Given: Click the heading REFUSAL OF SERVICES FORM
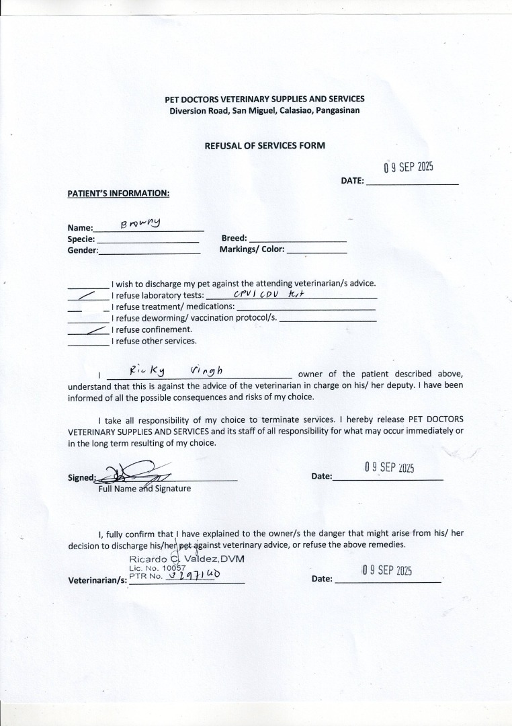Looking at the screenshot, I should tap(264, 145).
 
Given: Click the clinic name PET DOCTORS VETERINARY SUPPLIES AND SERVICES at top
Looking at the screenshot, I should tap(264, 99).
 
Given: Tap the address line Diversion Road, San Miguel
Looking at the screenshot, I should tap(264, 110).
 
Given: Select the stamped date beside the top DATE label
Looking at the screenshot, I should tap(409, 167).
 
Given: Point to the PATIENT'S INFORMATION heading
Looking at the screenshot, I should tap(118, 194).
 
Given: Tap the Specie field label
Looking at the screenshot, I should tap(81, 239).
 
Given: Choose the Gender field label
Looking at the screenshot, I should tap(83, 250).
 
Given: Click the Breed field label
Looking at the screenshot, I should tap(234, 238).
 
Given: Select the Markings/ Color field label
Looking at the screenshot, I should tap(252, 249).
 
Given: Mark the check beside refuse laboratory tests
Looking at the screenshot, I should tap(87, 294).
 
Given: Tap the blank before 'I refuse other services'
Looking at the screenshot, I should tap(87, 341).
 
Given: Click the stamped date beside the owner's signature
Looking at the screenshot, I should tap(389, 467).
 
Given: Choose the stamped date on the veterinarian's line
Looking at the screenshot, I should tap(386, 571).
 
